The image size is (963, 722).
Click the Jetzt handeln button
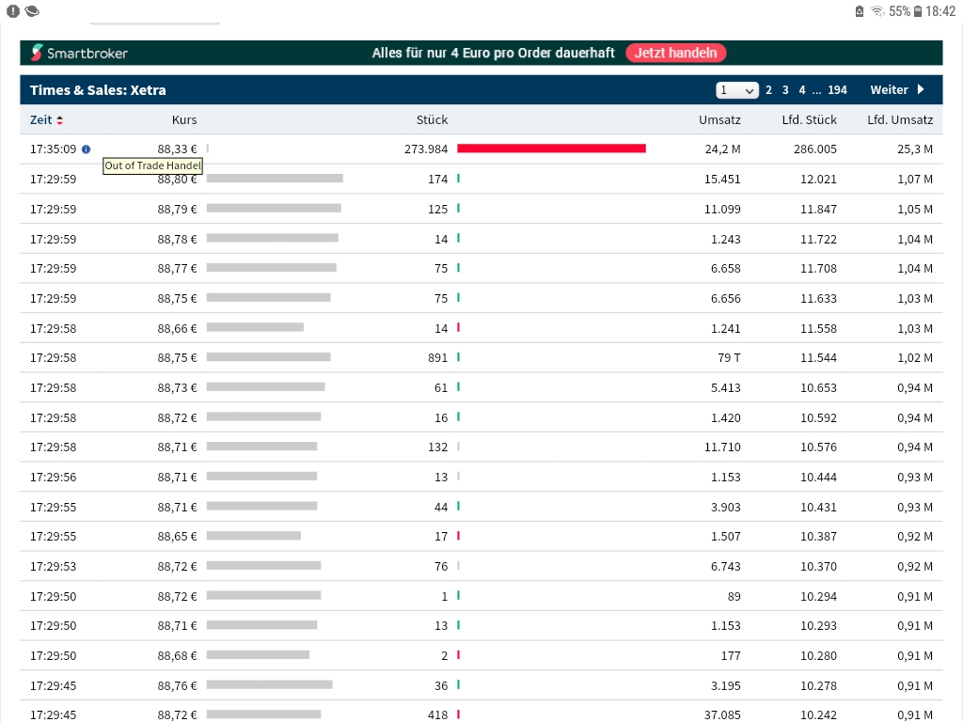[676, 53]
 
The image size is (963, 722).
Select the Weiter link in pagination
[896, 90]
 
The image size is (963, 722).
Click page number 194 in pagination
[837, 90]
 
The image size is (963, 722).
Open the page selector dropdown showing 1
[736, 90]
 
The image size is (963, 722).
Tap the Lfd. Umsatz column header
[899, 119]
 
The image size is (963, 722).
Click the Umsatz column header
[719, 119]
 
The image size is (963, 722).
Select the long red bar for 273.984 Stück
[551, 149]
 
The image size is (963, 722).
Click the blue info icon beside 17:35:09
[87, 149]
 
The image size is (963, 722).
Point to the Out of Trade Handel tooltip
[152, 165]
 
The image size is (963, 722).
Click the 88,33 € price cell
[177, 149]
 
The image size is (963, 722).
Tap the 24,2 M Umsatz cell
[722, 149]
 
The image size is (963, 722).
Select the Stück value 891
[437, 357]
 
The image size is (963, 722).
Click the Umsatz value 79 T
[729, 357]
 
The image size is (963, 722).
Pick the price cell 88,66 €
[177, 327]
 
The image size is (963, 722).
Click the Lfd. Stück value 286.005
[814, 149]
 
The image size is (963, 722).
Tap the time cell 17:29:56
[53, 477]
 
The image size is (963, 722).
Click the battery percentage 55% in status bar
[899, 11]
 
